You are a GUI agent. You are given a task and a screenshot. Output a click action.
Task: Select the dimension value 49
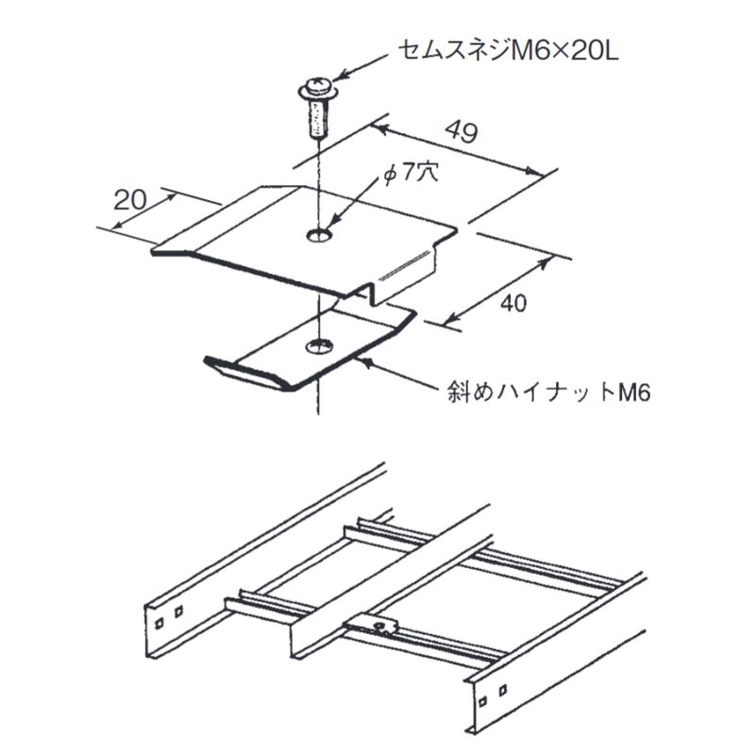pos(460,131)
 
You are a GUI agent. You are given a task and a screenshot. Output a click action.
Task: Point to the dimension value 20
pos(129,199)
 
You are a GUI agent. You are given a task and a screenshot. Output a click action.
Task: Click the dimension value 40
pos(512,303)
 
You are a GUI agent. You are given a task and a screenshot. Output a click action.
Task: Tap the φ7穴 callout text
pos(407,175)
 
